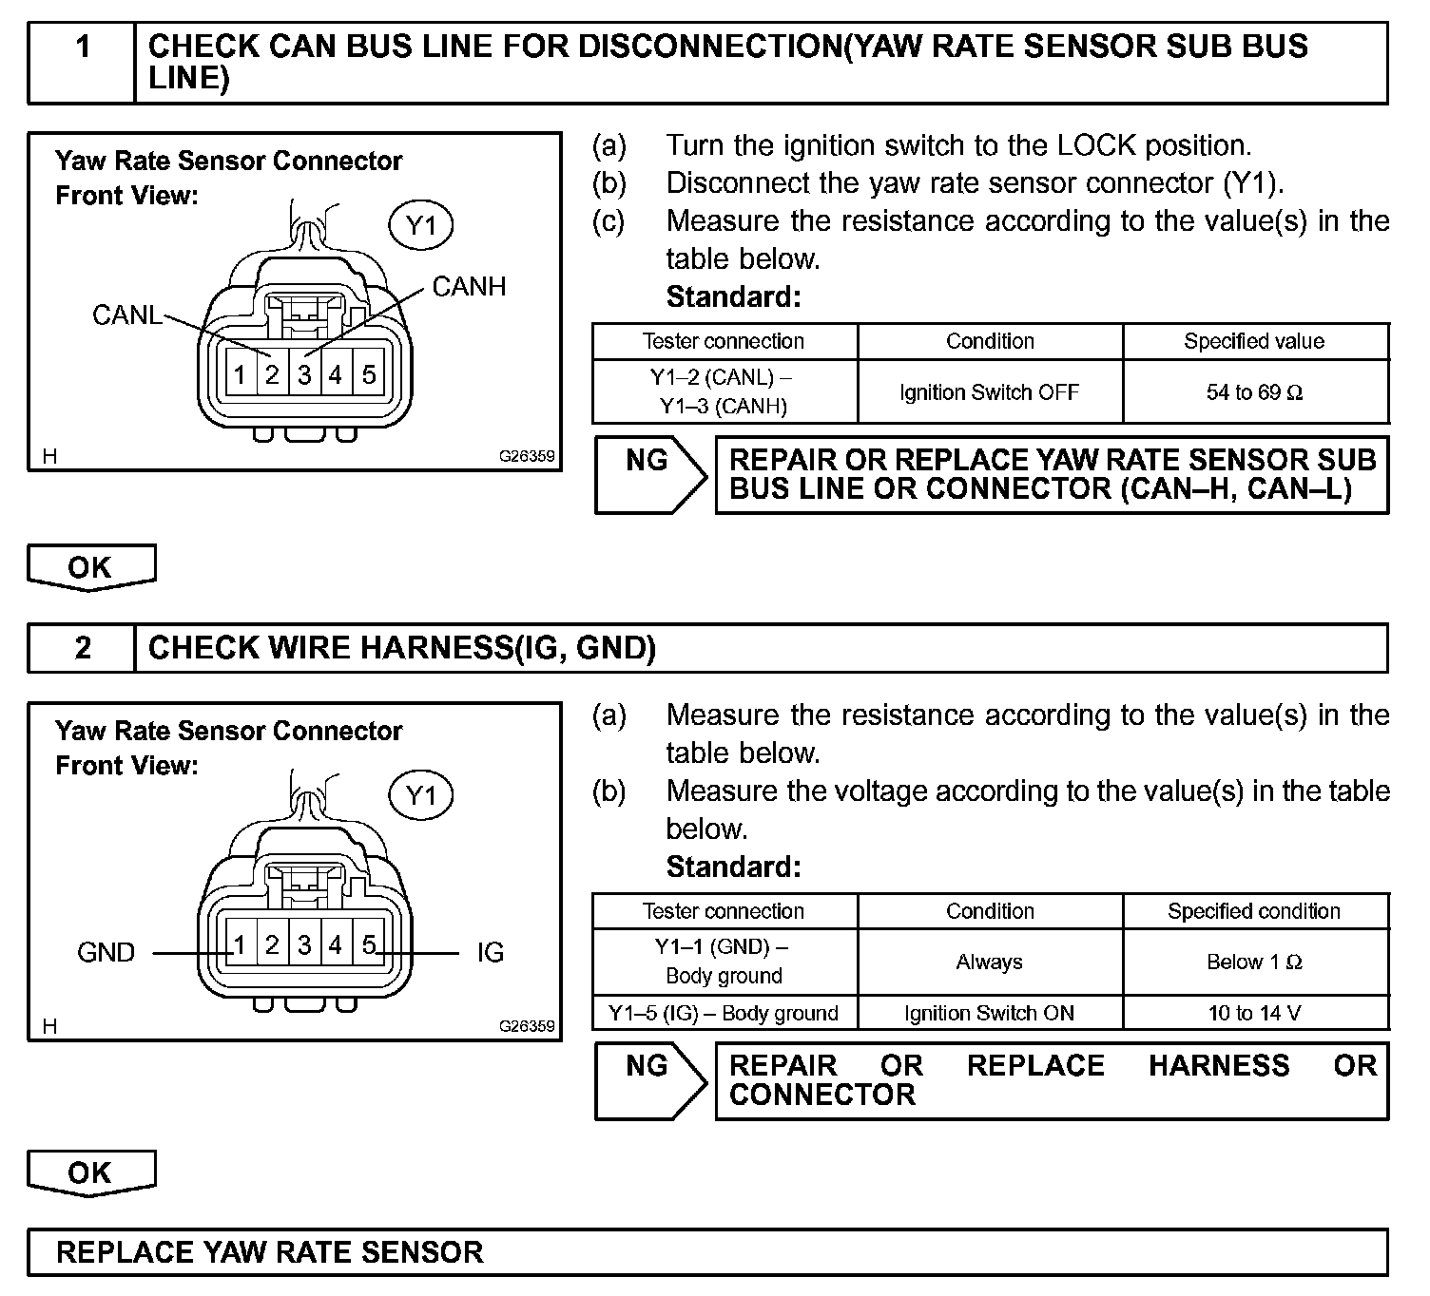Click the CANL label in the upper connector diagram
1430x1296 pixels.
(x=126, y=314)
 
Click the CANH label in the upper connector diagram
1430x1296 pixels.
(x=469, y=286)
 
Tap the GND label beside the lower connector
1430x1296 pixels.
(x=106, y=952)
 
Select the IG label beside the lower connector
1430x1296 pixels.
(x=491, y=952)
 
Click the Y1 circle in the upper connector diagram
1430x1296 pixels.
(x=420, y=226)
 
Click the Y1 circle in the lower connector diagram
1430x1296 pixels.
(x=420, y=795)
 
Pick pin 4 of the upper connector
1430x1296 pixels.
(x=336, y=375)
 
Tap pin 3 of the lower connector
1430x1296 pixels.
(x=304, y=945)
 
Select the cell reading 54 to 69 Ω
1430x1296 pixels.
(x=1254, y=392)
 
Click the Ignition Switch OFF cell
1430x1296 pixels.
(x=989, y=392)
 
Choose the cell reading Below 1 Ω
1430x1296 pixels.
(x=1254, y=962)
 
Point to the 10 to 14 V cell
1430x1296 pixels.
(x=1254, y=1013)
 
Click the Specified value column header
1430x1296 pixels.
(x=1254, y=341)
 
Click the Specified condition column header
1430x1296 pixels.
(x=1254, y=911)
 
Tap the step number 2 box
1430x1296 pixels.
(x=83, y=648)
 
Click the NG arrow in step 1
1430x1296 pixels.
(x=649, y=474)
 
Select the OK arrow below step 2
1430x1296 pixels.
(x=91, y=1173)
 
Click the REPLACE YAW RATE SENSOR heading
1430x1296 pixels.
(x=270, y=1252)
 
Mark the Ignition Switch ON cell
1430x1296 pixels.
(x=989, y=1013)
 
